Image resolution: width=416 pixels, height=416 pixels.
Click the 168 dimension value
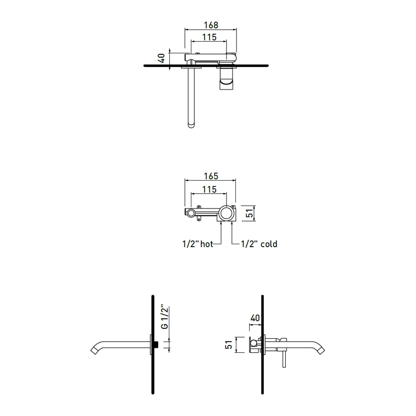[x=210, y=24]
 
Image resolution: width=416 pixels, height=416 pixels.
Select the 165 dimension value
[x=210, y=176]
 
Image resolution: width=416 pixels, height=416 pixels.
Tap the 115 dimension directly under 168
[x=209, y=37]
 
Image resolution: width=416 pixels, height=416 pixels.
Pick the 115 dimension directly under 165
[x=209, y=189]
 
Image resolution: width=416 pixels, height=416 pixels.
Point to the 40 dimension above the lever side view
[x=254, y=318]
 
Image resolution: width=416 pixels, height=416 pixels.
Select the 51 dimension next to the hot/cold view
[x=249, y=213]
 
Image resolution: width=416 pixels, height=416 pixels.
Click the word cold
[x=269, y=244]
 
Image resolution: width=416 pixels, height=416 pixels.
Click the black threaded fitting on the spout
[x=156, y=345]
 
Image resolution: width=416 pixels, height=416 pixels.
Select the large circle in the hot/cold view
[x=226, y=213]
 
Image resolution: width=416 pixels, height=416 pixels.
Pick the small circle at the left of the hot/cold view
[x=189, y=212]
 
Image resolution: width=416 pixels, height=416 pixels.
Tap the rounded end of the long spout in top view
[x=191, y=124]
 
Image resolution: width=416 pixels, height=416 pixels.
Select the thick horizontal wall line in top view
[x=206, y=65]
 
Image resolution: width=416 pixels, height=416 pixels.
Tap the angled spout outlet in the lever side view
[x=321, y=349]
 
